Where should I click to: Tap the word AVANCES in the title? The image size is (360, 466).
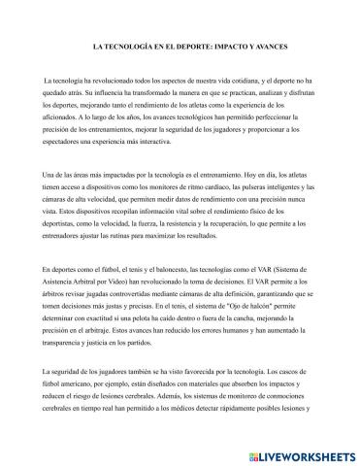click(274, 45)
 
